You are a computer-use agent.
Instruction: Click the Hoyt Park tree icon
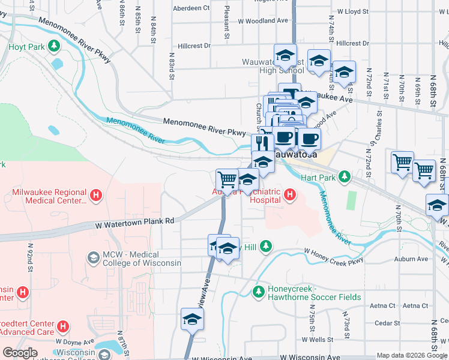coord(54,46)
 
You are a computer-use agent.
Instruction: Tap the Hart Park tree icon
coord(344,176)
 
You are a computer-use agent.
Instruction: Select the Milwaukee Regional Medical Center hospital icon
coord(96,195)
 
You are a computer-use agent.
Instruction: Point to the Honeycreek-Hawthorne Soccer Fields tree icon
coord(259,292)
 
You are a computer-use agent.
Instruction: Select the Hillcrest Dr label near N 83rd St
coord(194,46)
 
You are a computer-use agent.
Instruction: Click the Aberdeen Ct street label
coord(191,8)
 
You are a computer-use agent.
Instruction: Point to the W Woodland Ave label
coord(263,21)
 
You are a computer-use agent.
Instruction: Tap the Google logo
coord(20,353)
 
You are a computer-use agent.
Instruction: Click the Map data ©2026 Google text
coord(411,355)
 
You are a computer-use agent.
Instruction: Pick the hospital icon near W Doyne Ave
coord(63,327)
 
